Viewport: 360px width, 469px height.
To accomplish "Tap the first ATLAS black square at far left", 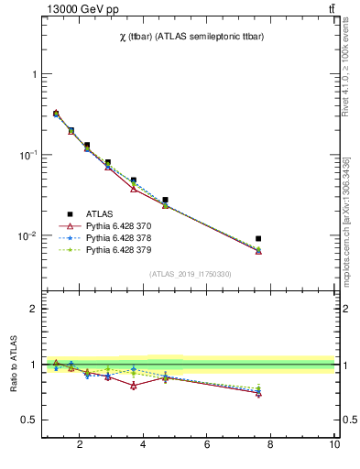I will pyautogui.click(x=56, y=114).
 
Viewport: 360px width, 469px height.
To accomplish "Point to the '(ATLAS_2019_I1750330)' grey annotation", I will pyautogui.click(x=190, y=274).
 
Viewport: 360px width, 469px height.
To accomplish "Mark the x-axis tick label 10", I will pyautogui.click(x=334, y=445).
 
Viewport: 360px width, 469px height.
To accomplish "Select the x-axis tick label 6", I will pyautogui.click(x=207, y=445).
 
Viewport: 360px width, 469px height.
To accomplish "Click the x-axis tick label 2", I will pyautogui.click(x=80, y=445).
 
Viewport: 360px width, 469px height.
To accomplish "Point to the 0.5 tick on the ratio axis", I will pyautogui.click(x=31, y=420).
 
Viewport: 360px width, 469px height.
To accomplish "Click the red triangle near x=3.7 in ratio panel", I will pyautogui.click(x=134, y=386).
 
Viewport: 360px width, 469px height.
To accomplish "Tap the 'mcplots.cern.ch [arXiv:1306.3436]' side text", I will pyautogui.click(x=352, y=211).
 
